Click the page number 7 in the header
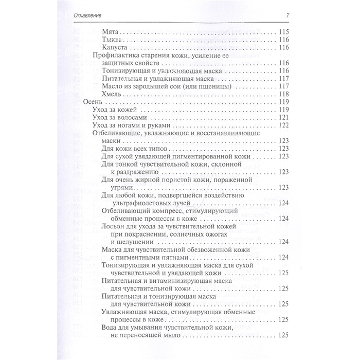click(x=287, y=14)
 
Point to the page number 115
click(x=284, y=31)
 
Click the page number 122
click(x=284, y=125)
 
